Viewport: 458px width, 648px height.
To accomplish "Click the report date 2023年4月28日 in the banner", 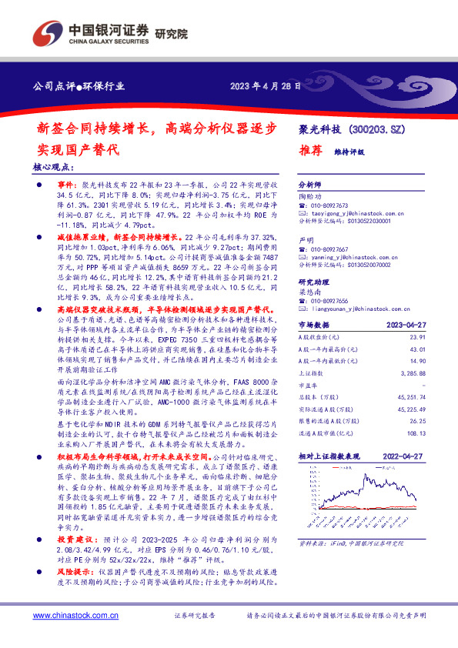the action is pos(263,86).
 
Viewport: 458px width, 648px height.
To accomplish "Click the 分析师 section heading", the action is pos(308,187).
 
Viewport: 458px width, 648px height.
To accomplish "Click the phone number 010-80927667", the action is pos(329,250).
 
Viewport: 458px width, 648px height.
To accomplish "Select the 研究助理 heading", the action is pos(313,282).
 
